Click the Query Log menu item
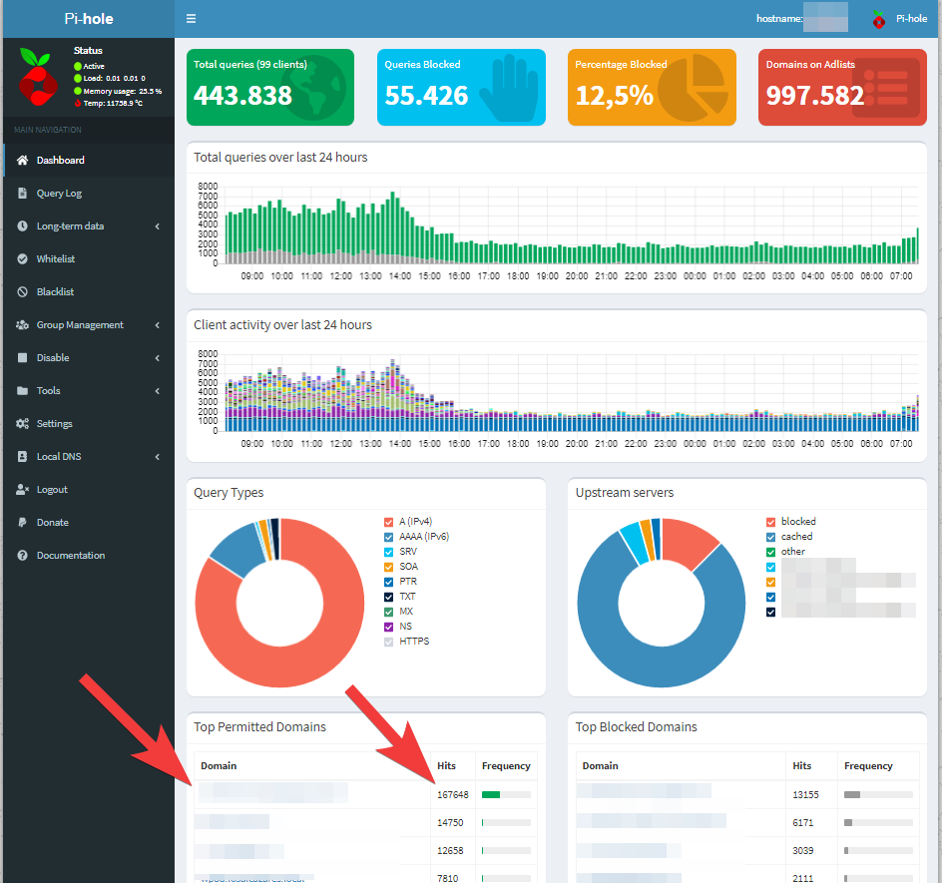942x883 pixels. [59, 193]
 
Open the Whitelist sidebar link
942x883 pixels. [55, 258]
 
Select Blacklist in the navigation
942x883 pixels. [55, 291]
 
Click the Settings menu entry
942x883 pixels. [54, 423]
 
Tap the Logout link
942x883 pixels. [52, 489]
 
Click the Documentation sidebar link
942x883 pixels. [70, 555]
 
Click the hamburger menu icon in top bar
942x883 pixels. [191, 18]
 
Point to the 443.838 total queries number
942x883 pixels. [242, 96]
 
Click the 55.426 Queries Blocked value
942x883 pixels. [426, 96]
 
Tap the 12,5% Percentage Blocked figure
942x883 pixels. [614, 96]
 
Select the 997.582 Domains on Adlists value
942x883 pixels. [814, 96]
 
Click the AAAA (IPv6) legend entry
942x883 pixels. [423, 536]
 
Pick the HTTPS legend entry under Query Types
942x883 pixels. [413, 641]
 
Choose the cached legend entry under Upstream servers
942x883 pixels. [796, 536]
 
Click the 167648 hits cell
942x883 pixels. [452, 794]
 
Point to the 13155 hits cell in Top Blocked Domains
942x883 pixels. [807, 794]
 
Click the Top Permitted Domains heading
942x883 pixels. [259, 726]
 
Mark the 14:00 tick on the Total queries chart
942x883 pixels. [399, 275]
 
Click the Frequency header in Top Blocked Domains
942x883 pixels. [867, 765]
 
